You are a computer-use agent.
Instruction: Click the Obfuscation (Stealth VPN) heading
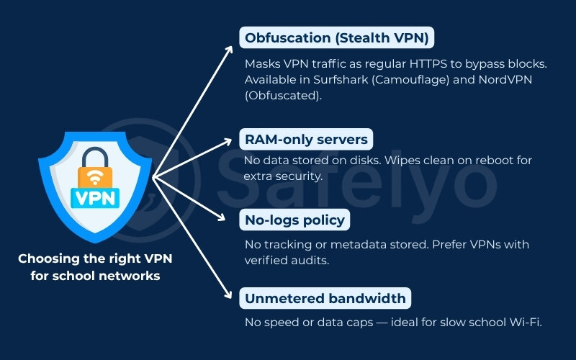point(338,37)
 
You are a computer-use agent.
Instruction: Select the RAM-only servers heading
point(306,139)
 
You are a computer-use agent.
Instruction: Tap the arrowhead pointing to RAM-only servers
point(230,140)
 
